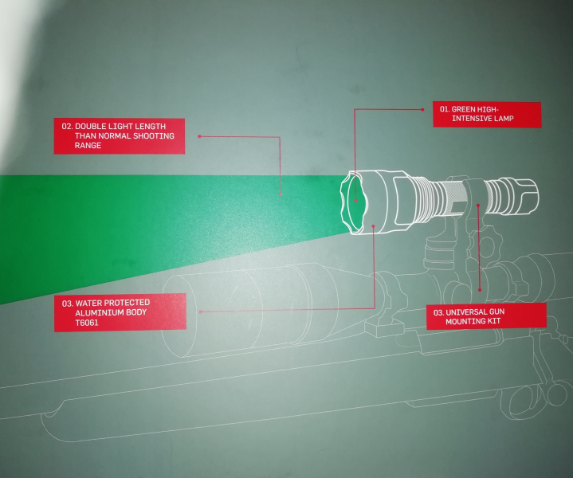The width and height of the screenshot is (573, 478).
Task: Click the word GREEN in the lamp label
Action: tap(463, 109)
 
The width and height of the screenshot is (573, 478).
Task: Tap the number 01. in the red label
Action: tap(445, 109)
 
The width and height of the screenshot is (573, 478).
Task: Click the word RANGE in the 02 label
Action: tap(88, 146)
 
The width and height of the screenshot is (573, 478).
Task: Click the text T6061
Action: tap(87, 323)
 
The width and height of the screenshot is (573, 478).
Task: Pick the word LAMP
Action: tap(504, 119)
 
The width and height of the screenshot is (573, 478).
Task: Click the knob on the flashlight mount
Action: tap(481, 244)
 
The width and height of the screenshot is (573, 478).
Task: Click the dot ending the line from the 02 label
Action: tap(281, 194)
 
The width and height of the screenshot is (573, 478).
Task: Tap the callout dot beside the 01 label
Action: tap(423, 109)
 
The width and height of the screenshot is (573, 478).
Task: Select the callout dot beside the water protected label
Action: tap(201, 312)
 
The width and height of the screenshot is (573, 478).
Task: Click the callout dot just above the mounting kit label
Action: tap(480, 290)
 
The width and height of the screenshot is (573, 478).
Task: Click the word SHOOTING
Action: tap(154, 136)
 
